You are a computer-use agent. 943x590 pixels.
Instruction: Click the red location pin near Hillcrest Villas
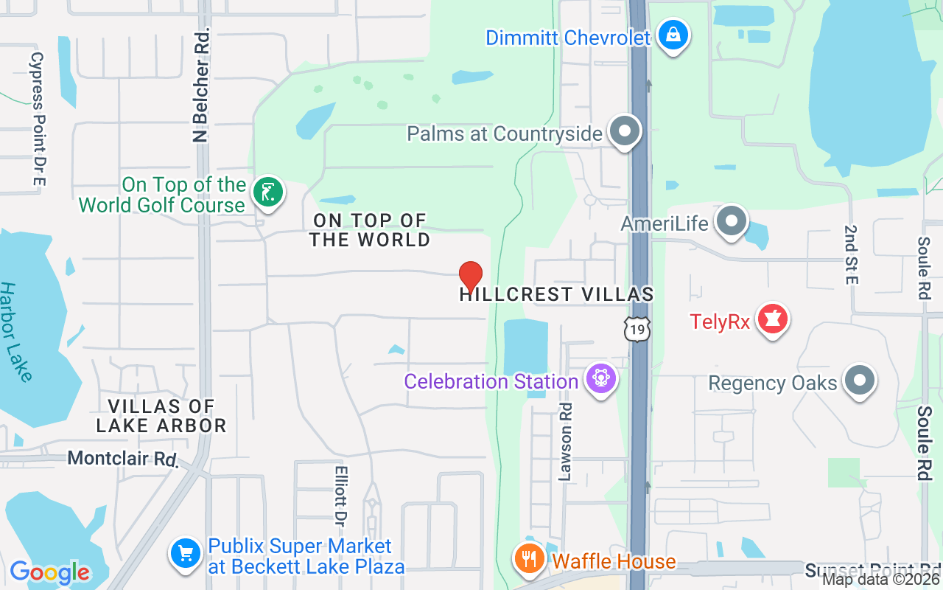pos(471,277)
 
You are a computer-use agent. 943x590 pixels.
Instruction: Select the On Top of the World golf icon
pos(267,193)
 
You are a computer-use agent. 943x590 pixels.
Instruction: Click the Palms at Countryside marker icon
pos(625,132)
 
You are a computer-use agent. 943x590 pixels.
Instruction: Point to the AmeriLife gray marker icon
pos(732,221)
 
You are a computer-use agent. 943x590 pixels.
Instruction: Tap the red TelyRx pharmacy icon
pos(772,319)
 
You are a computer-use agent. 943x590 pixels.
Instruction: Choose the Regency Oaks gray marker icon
pos(860,381)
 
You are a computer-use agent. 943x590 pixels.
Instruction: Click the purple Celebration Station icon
pos(601,379)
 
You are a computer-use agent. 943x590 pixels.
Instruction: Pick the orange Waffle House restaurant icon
pos(529,559)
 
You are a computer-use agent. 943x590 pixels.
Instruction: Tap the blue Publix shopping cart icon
pos(185,554)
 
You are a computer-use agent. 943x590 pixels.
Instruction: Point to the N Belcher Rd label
pos(200,85)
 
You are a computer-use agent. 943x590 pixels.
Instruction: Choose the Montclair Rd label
pos(123,458)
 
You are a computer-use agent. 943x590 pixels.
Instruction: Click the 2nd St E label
pos(852,255)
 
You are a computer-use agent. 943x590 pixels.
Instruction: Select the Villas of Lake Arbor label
pos(161,416)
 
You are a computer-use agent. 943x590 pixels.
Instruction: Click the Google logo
pos(49,572)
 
